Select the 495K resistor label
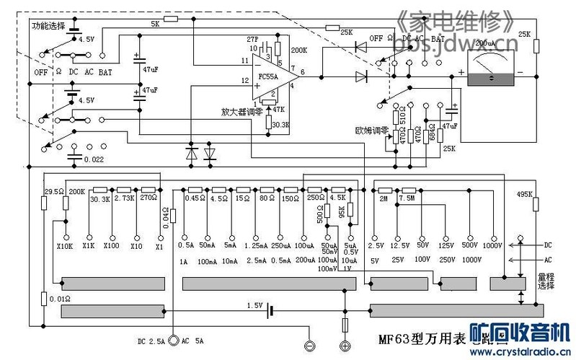(x=524, y=193)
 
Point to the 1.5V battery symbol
(x=269, y=310)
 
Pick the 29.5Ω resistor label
(x=53, y=192)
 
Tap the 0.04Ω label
(x=165, y=216)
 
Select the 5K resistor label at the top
(x=155, y=24)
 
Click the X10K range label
(x=66, y=246)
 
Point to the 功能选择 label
(x=48, y=25)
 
